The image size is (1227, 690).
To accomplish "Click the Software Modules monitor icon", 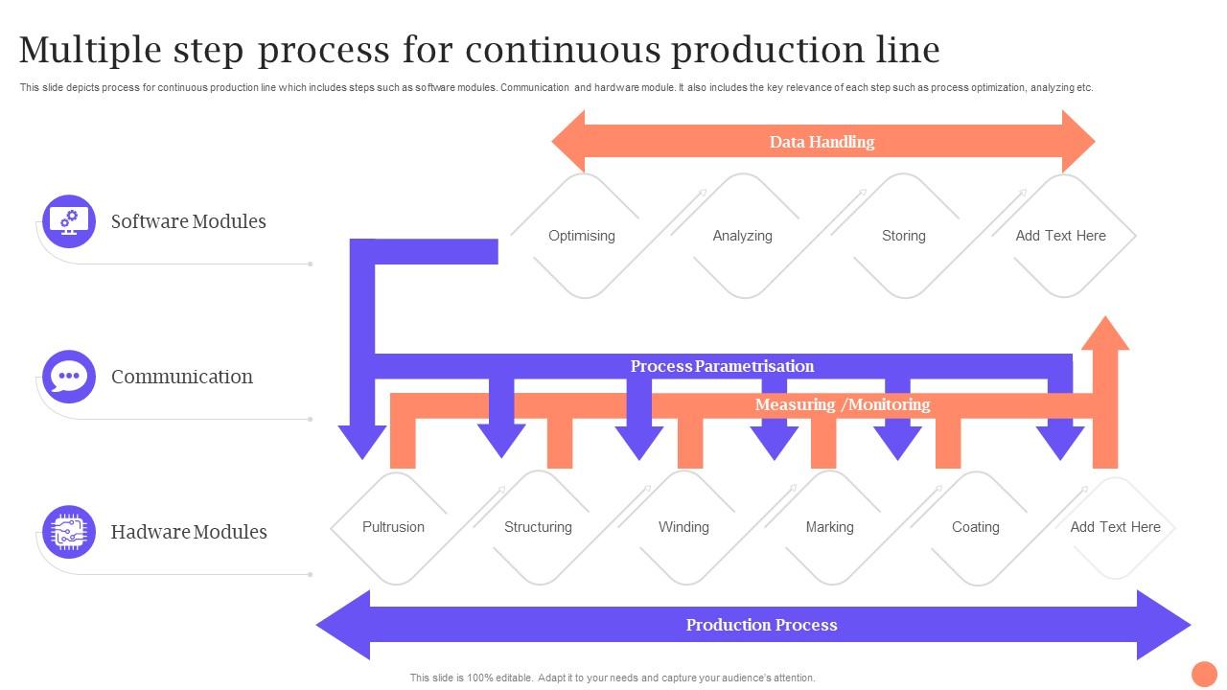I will pyautogui.click(x=69, y=221).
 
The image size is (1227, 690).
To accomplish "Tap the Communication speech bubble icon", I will pyautogui.click(x=69, y=377).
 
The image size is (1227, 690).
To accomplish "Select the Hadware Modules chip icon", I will pyautogui.click(x=69, y=532).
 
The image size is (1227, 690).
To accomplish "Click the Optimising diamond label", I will pyautogui.click(x=581, y=236).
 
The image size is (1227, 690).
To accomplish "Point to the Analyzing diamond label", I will pyautogui.click(x=742, y=236).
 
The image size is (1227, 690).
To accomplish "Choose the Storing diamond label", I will pyautogui.click(x=903, y=236).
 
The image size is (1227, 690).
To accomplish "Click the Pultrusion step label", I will pyautogui.click(x=393, y=527).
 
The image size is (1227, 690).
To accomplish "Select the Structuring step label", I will pyautogui.click(x=538, y=527).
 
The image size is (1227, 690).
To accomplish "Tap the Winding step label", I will pyautogui.click(x=683, y=527).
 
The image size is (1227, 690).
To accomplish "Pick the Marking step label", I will pyautogui.click(x=829, y=527).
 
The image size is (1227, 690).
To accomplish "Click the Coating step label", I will pyautogui.click(x=975, y=527).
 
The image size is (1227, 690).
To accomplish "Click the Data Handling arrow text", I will pyautogui.click(x=822, y=142).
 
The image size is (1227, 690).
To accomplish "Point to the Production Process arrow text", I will pyautogui.click(x=761, y=625).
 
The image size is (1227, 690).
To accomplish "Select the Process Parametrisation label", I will pyautogui.click(x=722, y=366).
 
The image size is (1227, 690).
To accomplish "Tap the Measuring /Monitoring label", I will pyautogui.click(x=842, y=404).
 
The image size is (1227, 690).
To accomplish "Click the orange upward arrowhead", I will pyautogui.click(x=1105, y=334).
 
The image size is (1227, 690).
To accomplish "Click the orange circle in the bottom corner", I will pyautogui.click(x=1203, y=674).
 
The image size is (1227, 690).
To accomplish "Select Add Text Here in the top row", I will pyautogui.click(x=1060, y=236).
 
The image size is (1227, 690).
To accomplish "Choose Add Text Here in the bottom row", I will pyautogui.click(x=1115, y=527).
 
